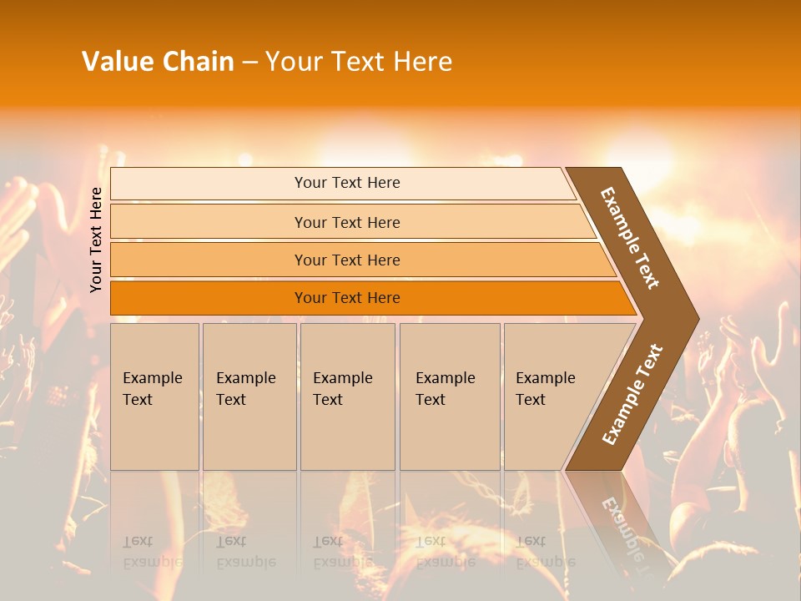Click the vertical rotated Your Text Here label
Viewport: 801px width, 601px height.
point(96,240)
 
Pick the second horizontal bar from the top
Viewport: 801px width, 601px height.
point(347,222)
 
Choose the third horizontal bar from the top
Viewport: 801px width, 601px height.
point(347,260)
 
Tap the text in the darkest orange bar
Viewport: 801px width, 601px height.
point(347,298)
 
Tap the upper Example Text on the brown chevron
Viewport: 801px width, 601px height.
point(630,238)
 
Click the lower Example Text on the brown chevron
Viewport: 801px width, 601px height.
point(632,394)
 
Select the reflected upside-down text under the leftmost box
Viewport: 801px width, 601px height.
point(153,552)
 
